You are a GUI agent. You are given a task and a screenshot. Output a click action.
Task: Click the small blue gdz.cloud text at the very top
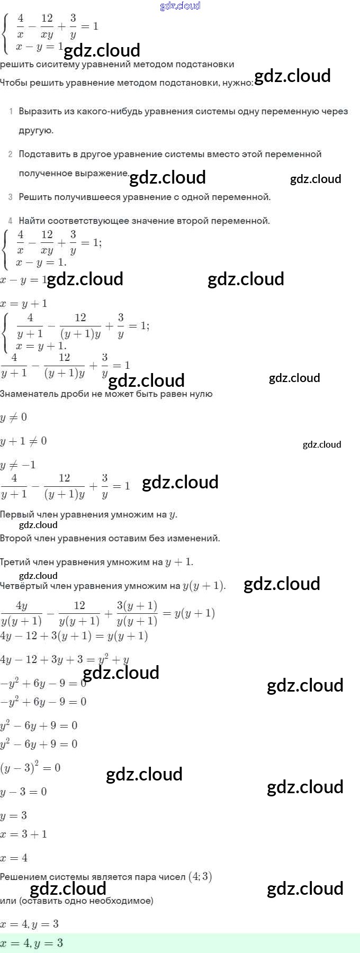(x=180, y=6)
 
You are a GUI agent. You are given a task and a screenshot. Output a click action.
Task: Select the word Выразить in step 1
(x=40, y=111)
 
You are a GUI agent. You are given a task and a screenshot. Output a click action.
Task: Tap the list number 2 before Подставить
(x=10, y=154)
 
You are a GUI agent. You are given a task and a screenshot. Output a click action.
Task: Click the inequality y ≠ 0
(x=14, y=417)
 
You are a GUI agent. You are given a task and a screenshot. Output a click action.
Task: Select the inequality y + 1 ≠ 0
(x=23, y=441)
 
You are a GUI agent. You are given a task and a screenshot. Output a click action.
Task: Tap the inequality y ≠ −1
(x=18, y=465)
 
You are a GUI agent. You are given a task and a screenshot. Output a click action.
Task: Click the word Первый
(x=16, y=514)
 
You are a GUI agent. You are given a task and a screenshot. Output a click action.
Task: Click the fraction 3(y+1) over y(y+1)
(x=137, y=613)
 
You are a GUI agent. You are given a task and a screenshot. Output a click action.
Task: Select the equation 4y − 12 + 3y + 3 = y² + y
(x=65, y=660)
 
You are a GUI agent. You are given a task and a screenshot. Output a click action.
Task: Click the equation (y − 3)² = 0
(x=30, y=768)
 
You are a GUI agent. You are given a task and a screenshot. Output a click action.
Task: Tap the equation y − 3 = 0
(x=23, y=792)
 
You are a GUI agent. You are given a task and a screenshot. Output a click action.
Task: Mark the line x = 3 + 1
(x=23, y=834)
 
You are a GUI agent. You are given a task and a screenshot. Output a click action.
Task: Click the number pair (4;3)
(x=200, y=876)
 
